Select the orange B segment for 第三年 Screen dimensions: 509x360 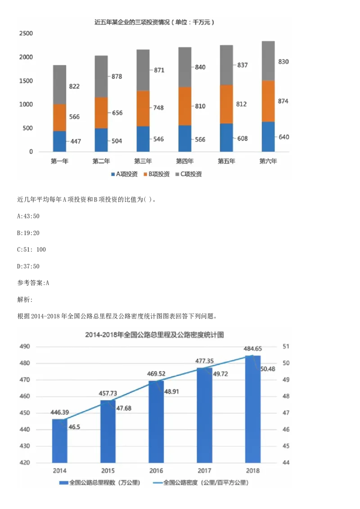click(x=143, y=108)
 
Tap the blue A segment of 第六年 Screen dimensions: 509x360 click(x=268, y=137)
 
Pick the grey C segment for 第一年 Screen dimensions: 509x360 click(x=59, y=85)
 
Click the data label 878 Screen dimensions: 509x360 click(x=117, y=76)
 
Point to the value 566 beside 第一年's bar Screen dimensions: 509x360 click(x=74, y=117)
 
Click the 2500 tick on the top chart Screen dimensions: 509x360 click(x=27, y=34)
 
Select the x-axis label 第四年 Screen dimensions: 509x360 click(x=184, y=161)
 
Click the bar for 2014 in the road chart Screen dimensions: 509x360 click(x=59, y=441)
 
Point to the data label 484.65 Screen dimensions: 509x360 click(x=252, y=348)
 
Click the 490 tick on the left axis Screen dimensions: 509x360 click(x=24, y=347)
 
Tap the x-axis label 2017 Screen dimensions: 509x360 click(x=205, y=470)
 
